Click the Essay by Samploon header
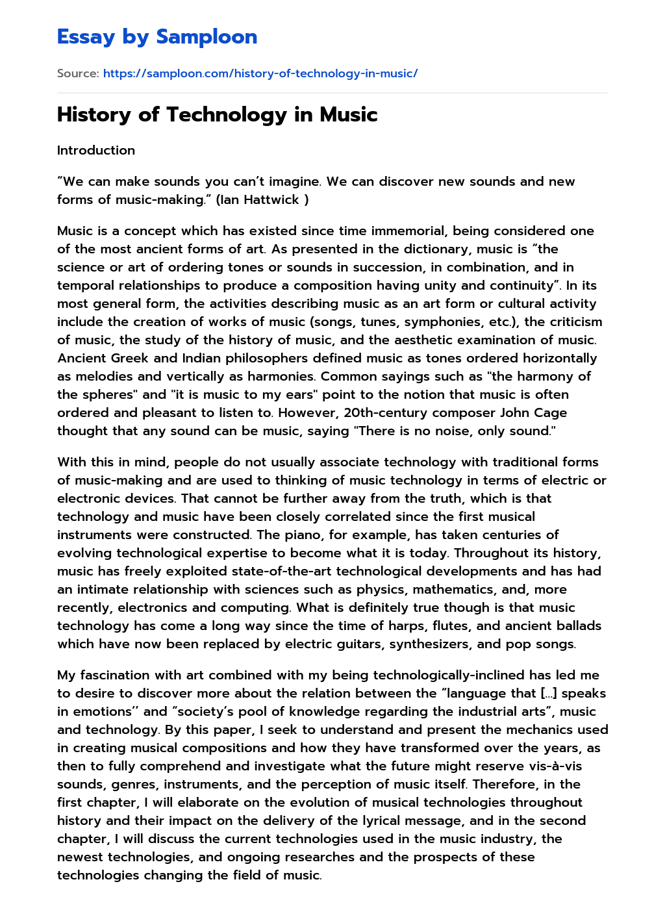157,37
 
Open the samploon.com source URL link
260,73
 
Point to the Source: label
78,73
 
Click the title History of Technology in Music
217,114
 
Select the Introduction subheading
96,150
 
